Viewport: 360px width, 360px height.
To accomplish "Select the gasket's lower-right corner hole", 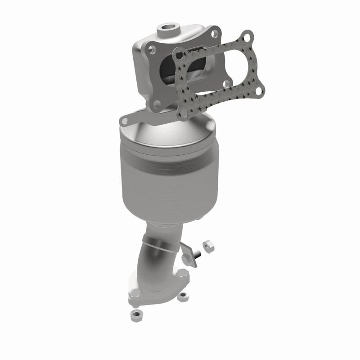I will pyautogui.click(x=258, y=91).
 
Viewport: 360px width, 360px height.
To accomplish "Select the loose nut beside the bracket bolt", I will pyautogui.click(x=208, y=246).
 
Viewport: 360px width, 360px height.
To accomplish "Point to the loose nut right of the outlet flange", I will pyautogui.click(x=183, y=297).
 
